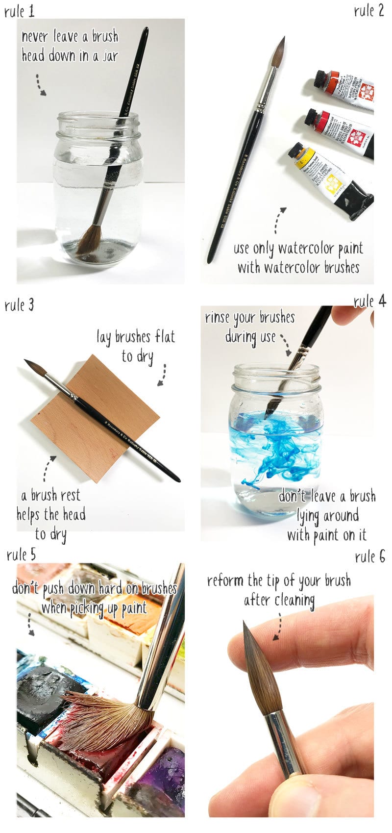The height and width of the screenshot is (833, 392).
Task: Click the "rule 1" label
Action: point(19,11)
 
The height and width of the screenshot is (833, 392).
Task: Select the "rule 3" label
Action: point(19,305)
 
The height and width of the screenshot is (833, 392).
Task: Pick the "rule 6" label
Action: point(370,556)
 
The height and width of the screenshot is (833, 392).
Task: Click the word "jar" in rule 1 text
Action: point(110,56)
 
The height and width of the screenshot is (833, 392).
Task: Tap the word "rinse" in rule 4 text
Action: point(217,318)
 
